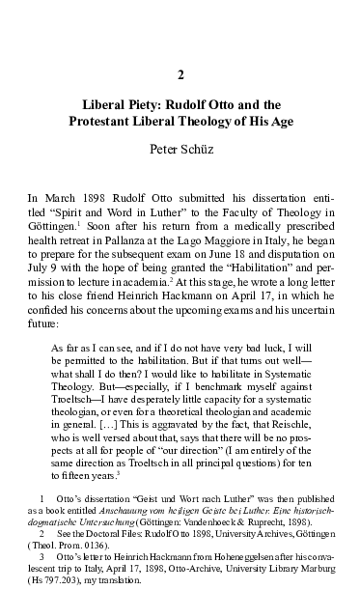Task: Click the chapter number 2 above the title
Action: pos(180,74)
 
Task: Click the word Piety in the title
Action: pos(153,105)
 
